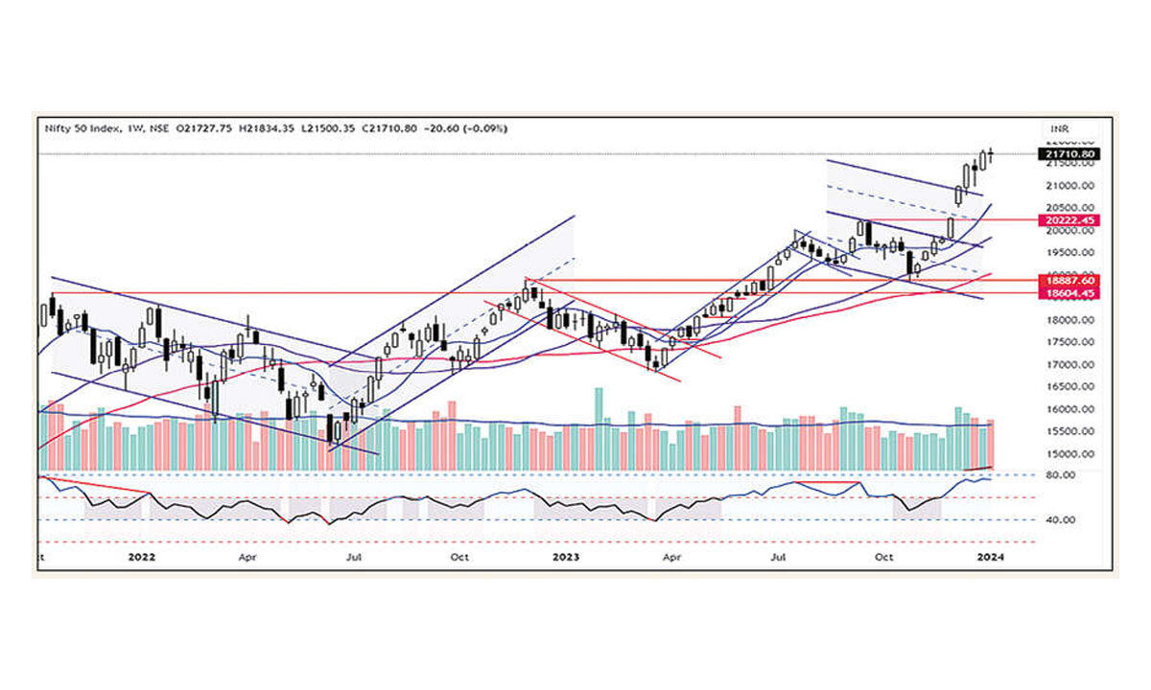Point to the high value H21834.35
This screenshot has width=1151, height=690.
coord(272,128)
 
